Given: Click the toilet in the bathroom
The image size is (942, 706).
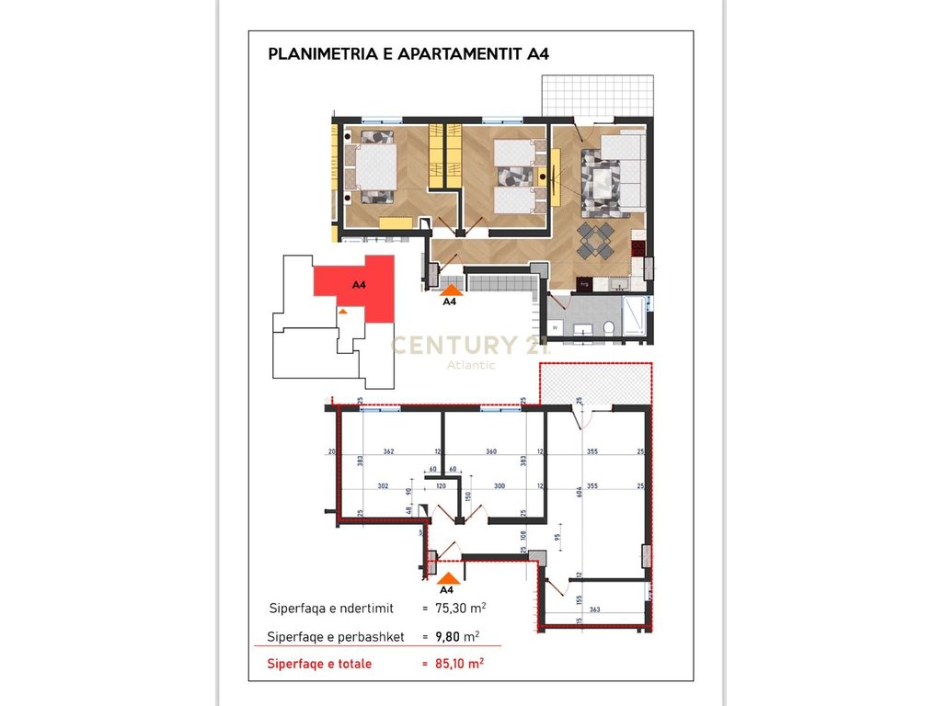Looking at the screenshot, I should (609, 329).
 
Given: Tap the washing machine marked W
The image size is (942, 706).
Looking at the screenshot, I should (556, 327).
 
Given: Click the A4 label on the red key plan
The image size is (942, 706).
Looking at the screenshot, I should (359, 285).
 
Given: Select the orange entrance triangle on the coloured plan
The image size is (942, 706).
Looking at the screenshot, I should (451, 289).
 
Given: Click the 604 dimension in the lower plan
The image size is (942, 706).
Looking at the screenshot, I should (580, 493).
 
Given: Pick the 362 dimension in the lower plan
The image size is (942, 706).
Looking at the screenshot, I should (388, 452).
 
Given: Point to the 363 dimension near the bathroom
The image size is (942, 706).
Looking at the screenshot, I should (594, 609).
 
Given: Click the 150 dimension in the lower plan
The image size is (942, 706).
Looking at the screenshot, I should (468, 496).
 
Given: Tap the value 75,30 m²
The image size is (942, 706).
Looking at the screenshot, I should (459, 608).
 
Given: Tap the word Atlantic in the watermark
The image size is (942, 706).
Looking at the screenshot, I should (470, 365).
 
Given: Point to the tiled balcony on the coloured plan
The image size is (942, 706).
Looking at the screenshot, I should (596, 94).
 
